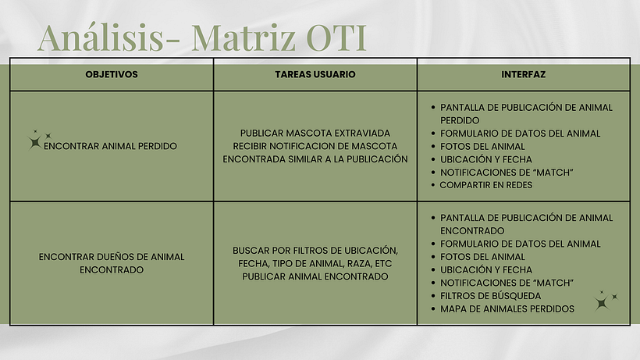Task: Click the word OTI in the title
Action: coord(336,38)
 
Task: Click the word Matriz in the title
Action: coord(244,38)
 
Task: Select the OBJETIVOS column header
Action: coord(112,74)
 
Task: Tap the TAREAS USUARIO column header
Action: coord(315,74)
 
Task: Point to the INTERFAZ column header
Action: coord(523,74)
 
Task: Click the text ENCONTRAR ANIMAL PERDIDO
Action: coord(110,146)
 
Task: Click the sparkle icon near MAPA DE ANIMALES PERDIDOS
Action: coord(606,301)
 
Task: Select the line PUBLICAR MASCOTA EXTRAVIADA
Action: coord(315,133)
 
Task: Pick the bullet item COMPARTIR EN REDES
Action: coord(485,185)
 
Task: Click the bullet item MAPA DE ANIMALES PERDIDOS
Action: coord(507,308)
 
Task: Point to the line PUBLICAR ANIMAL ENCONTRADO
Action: coord(315,276)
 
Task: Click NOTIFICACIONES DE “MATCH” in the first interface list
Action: coord(507,173)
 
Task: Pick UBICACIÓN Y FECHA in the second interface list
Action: coord(486,269)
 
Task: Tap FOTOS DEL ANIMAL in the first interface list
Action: coord(482,146)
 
